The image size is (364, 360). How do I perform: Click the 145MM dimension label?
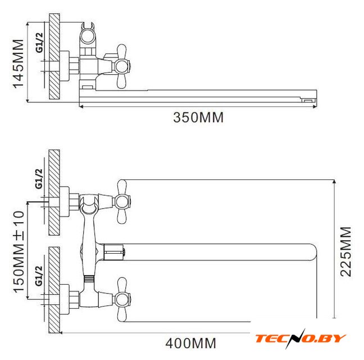[18, 64]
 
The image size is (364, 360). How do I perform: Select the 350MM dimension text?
[198, 118]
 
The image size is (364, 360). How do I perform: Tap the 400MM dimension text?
[190, 343]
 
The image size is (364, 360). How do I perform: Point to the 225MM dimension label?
[345, 251]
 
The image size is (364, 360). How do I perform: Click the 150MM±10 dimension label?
[19, 251]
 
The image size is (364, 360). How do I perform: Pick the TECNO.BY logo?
[301, 339]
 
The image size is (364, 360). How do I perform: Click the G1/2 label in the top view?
[39, 43]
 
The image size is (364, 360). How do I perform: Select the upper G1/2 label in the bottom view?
[39, 179]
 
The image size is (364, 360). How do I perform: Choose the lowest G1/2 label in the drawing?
[39, 276]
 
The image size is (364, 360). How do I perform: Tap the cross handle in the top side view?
[122, 66]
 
